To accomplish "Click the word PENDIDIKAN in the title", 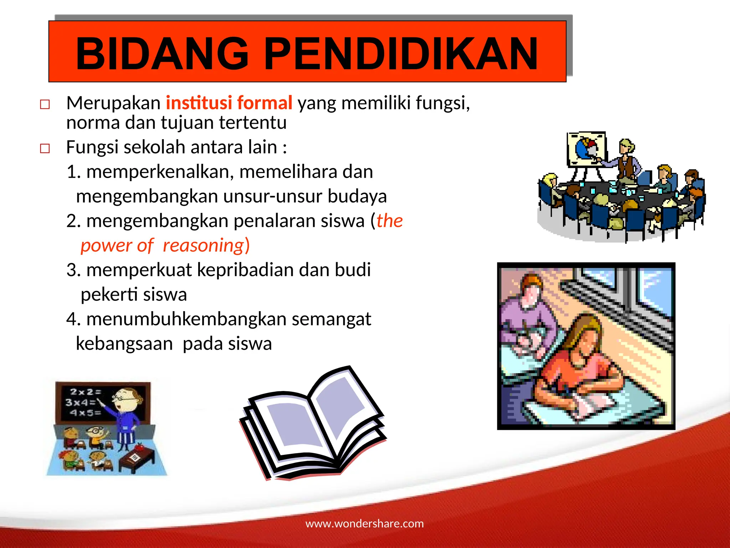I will [x=401, y=54].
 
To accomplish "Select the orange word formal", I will [x=264, y=103].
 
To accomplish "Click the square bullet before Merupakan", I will [x=45, y=105].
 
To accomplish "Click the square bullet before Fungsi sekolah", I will [x=45, y=148].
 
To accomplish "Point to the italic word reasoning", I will [x=203, y=245].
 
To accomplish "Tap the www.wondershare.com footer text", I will [x=365, y=523].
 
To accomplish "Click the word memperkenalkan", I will [x=160, y=172].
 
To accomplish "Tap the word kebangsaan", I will [x=124, y=344].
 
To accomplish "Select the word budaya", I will [x=357, y=197].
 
